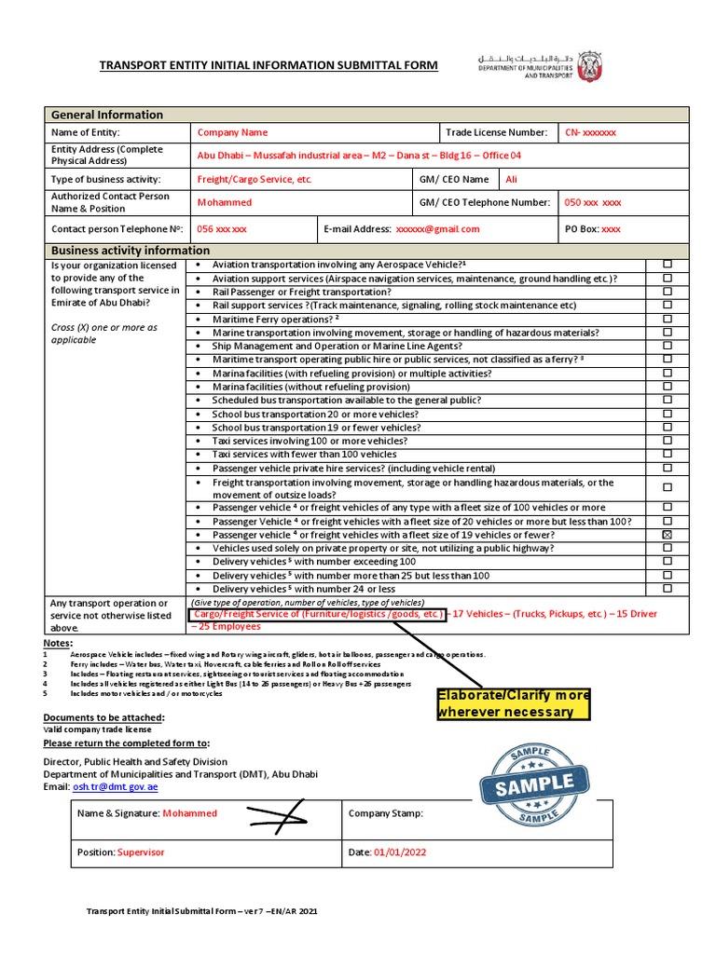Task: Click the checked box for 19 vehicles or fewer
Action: [667, 536]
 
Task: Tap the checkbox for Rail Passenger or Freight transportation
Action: [667, 292]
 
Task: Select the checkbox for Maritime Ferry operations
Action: [667, 319]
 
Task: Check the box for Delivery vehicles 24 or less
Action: [667, 589]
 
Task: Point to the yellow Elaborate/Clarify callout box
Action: [515, 704]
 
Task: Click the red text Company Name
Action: [232, 133]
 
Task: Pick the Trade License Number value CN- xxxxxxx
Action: [590, 133]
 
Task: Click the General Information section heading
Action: [106, 115]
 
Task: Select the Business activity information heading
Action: [130, 251]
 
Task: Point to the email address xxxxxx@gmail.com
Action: [437, 229]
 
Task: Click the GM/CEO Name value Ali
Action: [511, 179]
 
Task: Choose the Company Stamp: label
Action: [385, 813]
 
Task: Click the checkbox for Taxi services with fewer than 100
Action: [667, 455]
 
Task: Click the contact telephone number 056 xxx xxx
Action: [222, 229]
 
